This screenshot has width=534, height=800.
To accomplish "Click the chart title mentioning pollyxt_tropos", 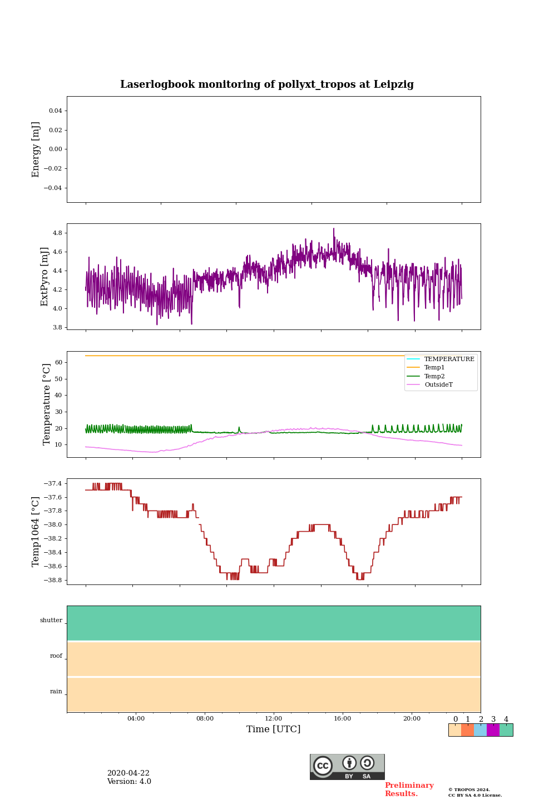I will [x=267, y=84].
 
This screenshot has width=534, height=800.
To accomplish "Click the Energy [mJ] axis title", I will [x=36, y=149].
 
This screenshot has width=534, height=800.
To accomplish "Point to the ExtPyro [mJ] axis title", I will [x=45, y=277].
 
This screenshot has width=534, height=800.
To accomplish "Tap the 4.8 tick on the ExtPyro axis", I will [x=57, y=233].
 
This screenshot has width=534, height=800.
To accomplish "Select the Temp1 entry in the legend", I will [x=434, y=368].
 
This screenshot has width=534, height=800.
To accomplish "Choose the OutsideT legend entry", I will [x=438, y=384].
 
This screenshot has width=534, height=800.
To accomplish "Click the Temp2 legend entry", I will [x=434, y=376].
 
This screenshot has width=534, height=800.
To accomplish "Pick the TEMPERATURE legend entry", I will [x=449, y=359].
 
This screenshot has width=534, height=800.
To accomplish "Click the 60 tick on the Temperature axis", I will [x=58, y=362].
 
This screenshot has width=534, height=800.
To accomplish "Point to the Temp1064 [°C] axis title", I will [x=36, y=532].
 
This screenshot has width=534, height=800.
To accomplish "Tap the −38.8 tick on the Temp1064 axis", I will [x=53, y=580].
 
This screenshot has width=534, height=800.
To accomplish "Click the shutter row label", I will [x=51, y=621].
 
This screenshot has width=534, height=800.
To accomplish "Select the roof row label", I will [x=56, y=656].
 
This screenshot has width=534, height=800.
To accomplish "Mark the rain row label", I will [x=56, y=692].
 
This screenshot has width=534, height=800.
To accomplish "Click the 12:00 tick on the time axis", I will [x=274, y=718].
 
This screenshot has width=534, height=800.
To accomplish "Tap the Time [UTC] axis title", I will [x=274, y=729].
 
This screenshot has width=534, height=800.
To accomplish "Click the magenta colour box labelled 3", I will [x=493, y=730].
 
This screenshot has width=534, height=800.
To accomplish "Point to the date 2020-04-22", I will [x=128, y=773].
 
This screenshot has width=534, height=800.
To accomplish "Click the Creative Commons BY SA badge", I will [x=347, y=767].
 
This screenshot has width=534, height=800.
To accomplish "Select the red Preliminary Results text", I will [x=409, y=789].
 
